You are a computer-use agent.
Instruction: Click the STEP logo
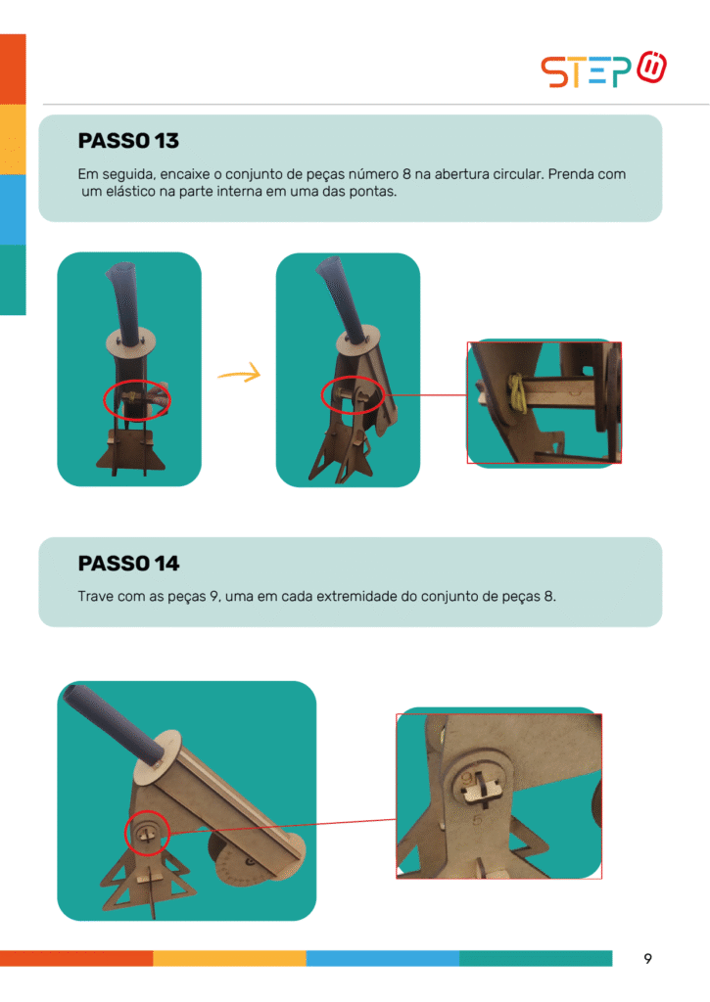coord(603,69)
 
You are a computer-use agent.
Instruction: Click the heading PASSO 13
coord(128,141)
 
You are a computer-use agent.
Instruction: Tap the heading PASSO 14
coord(128,563)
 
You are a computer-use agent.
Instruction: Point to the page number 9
coord(648,959)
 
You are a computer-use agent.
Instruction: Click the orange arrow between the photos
coord(240,373)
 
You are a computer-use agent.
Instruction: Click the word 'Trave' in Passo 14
coord(95,596)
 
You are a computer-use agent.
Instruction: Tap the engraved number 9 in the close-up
coord(467,779)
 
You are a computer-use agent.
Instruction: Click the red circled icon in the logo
coord(652,67)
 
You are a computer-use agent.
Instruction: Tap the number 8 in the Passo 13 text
coord(406,174)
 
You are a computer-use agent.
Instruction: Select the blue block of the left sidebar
coord(13,209)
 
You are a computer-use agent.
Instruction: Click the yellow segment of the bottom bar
coord(229,958)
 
